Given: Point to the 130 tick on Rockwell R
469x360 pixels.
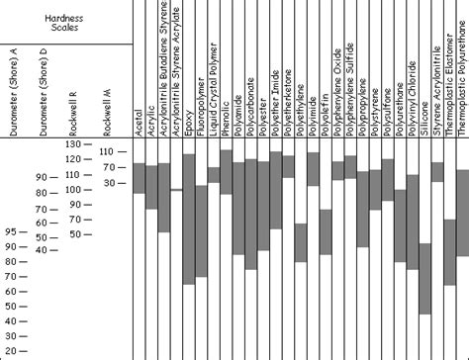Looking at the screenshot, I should (80, 144).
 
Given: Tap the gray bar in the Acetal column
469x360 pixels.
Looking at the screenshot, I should (140, 178).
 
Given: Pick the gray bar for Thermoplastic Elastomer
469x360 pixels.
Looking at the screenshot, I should (449, 237).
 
